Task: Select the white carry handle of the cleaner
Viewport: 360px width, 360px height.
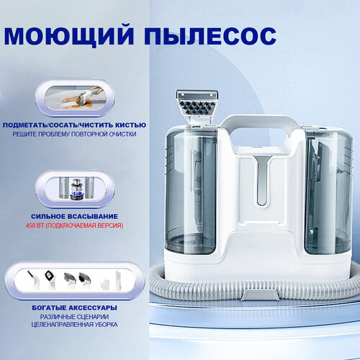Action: tap(258, 122)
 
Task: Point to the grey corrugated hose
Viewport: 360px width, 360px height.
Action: tap(317, 288)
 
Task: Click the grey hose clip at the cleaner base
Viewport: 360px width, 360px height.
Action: tap(260, 294)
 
